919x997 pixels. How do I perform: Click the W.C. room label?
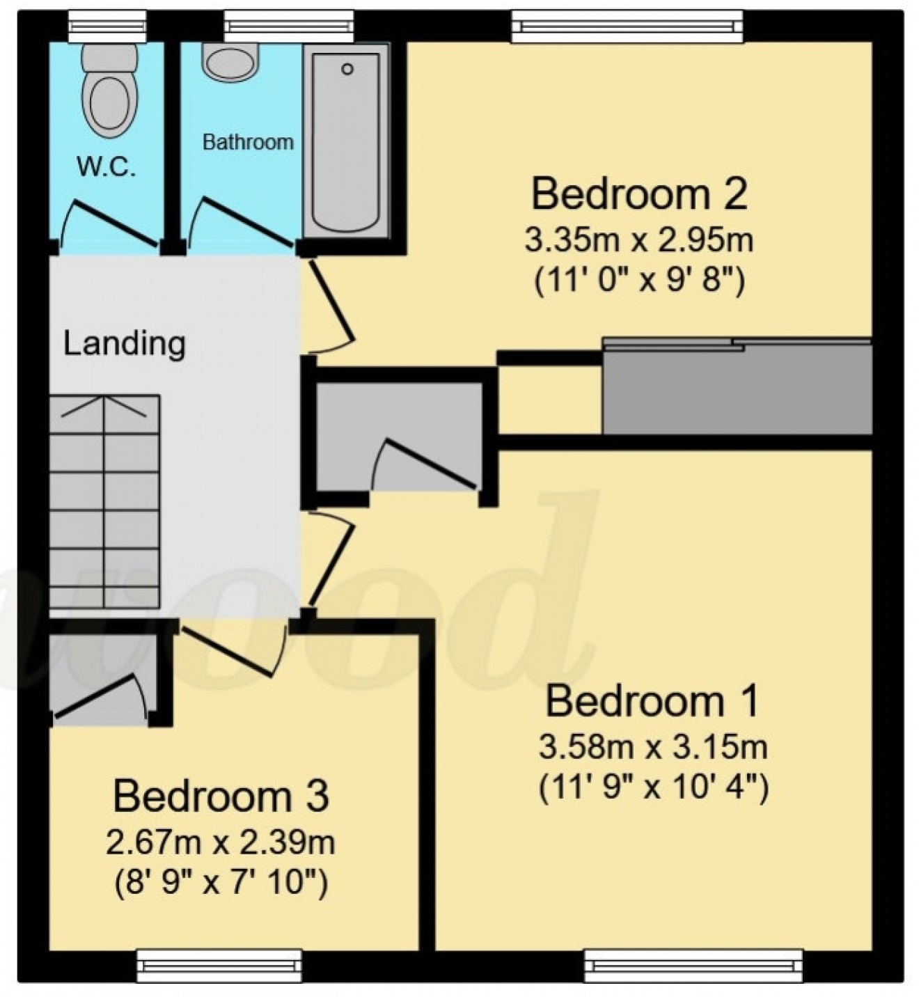click(106, 167)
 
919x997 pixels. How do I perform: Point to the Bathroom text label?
click(247, 142)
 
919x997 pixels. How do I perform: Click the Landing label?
click(125, 343)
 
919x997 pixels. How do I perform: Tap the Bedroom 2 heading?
click(639, 194)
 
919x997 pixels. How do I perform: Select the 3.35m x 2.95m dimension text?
click(639, 242)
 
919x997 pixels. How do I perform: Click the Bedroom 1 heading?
click(652, 701)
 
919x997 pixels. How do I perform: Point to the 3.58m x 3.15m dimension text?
click(653, 748)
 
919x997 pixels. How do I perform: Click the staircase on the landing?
click(104, 501)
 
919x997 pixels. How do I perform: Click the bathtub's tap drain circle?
click(347, 69)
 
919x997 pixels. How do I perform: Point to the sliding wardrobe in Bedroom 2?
click(737, 386)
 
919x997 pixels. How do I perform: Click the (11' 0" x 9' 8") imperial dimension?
click(639, 283)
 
